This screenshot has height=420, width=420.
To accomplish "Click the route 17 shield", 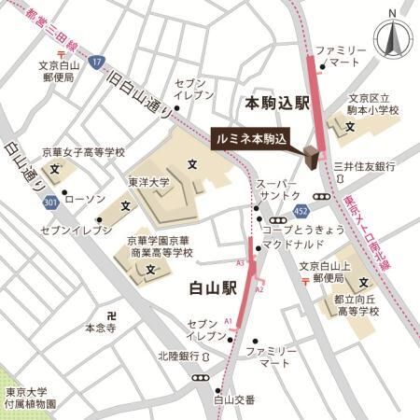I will (96, 61).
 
